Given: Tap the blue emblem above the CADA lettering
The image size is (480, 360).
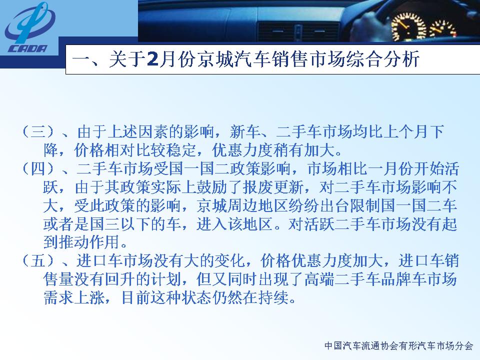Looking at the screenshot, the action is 29,22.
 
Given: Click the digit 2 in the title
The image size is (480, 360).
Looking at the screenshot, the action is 152,59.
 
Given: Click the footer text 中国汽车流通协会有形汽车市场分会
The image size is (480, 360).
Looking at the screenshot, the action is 399,346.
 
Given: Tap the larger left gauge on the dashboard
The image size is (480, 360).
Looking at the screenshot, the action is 408,27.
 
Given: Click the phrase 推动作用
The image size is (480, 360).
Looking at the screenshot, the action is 89,242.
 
